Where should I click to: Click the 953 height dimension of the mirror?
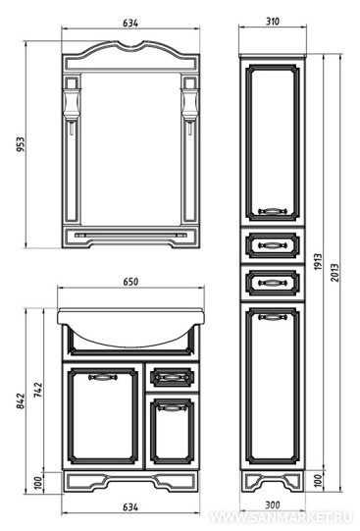point(21,144)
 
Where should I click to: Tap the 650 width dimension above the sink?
point(130,282)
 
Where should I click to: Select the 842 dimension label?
point(21,401)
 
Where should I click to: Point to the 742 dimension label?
point(38,390)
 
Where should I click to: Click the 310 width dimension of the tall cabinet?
point(273,22)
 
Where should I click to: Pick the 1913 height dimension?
point(318,262)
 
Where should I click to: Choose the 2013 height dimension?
point(334,273)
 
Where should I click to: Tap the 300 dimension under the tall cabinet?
point(273,505)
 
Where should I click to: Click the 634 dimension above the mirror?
point(130,23)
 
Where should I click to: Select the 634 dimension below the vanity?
point(130,507)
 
